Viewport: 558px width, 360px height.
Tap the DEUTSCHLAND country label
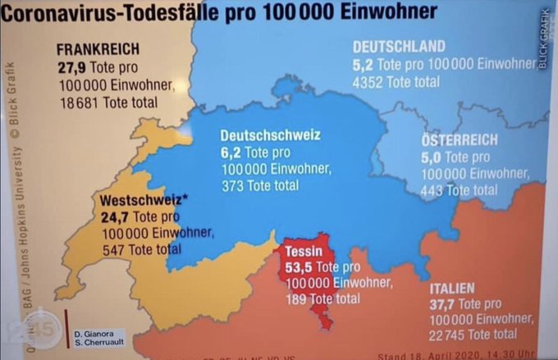click(399, 47)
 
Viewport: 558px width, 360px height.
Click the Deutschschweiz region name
click(270, 134)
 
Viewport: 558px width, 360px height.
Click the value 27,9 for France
click(72, 66)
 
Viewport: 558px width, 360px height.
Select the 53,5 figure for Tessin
click(299, 267)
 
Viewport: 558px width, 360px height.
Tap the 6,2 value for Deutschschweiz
click(231, 152)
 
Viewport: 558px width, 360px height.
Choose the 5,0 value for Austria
click(432, 157)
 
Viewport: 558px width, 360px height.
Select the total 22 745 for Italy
click(451, 335)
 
